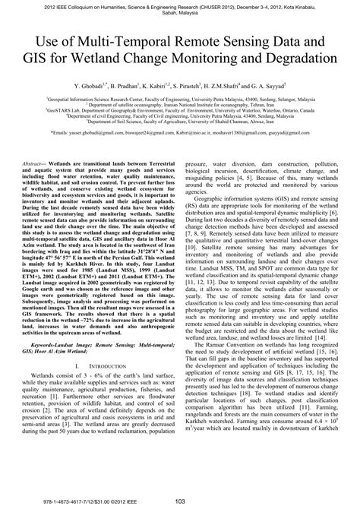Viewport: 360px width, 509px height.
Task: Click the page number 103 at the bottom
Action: [x=180, y=499]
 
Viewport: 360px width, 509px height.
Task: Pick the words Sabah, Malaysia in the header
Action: [x=179, y=12]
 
